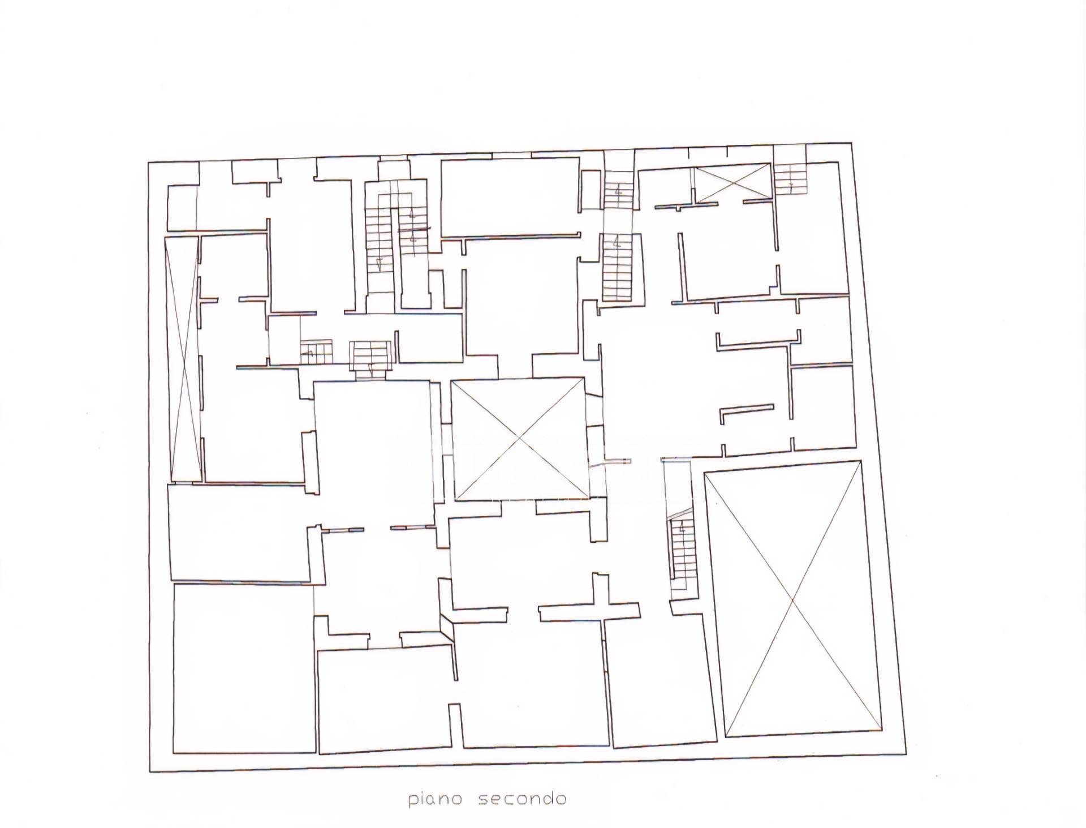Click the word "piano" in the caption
[436, 799]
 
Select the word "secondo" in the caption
[522, 798]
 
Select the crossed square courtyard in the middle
[519, 440]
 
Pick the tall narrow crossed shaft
[183, 359]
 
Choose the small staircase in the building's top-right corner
[790, 179]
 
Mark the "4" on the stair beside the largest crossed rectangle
[682, 530]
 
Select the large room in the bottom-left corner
[244, 668]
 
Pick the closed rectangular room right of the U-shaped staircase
[510, 198]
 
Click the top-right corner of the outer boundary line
[851, 143]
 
